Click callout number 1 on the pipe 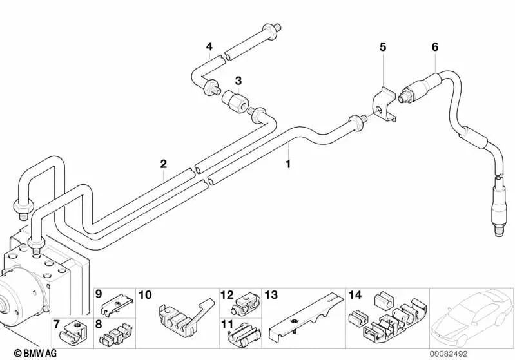[288, 164]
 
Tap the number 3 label [238, 81]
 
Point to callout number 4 [209, 46]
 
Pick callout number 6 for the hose [434, 47]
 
